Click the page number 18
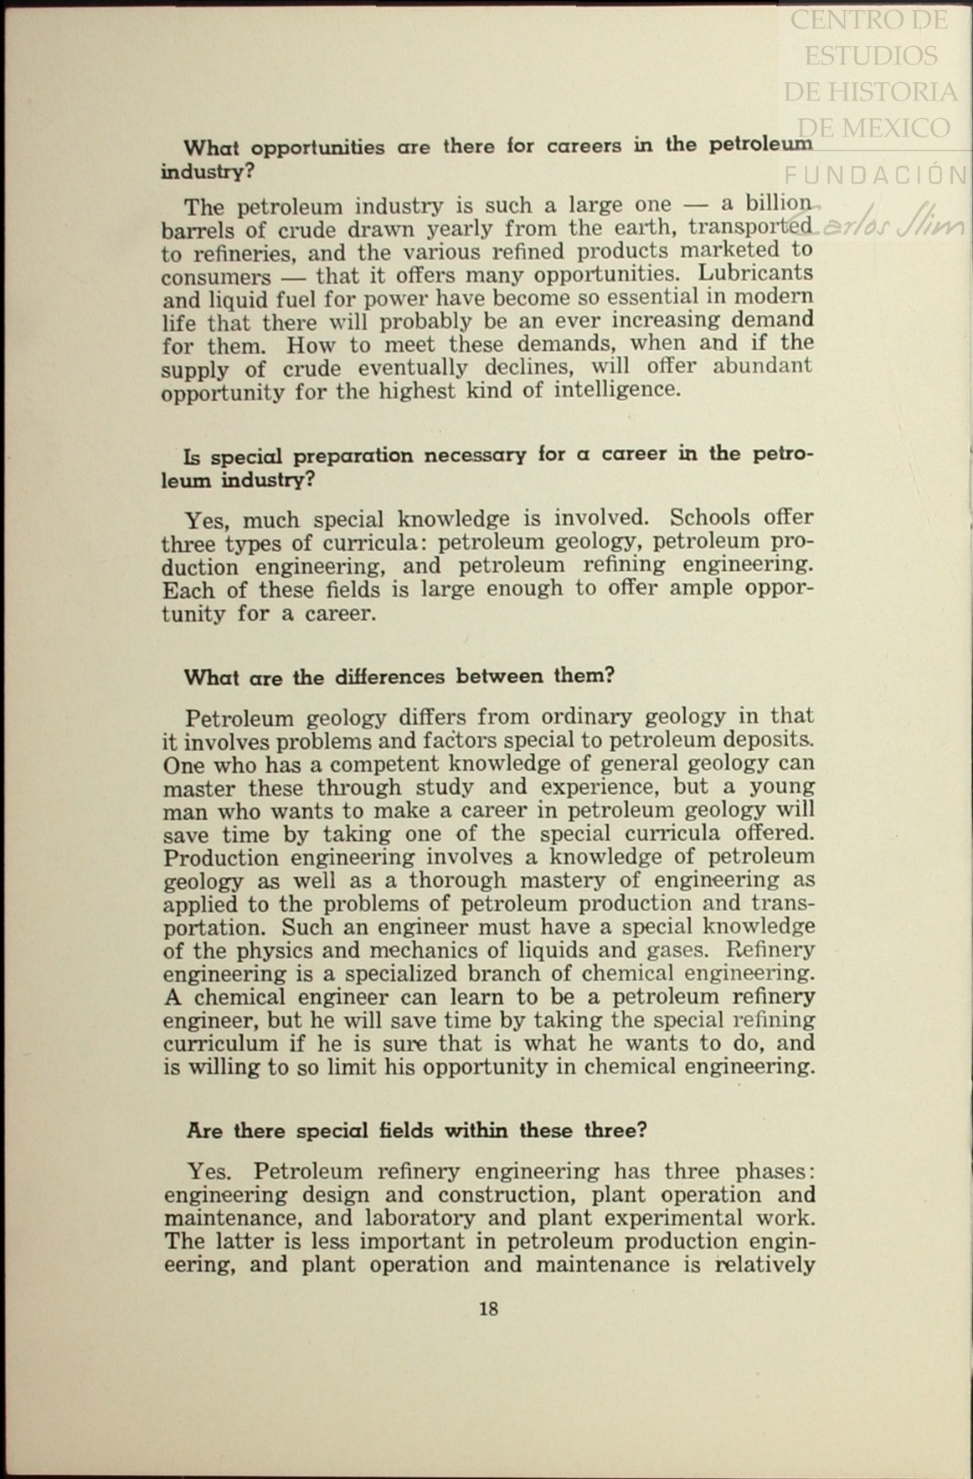pyautogui.click(x=489, y=1308)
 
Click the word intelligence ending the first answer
pyautogui.click(x=616, y=389)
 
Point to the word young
pyautogui.click(x=781, y=786)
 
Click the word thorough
pyautogui.click(x=457, y=880)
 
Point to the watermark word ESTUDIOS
pyautogui.click(x=871, y=56)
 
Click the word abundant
pyautogui.click(x=762, y=366)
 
